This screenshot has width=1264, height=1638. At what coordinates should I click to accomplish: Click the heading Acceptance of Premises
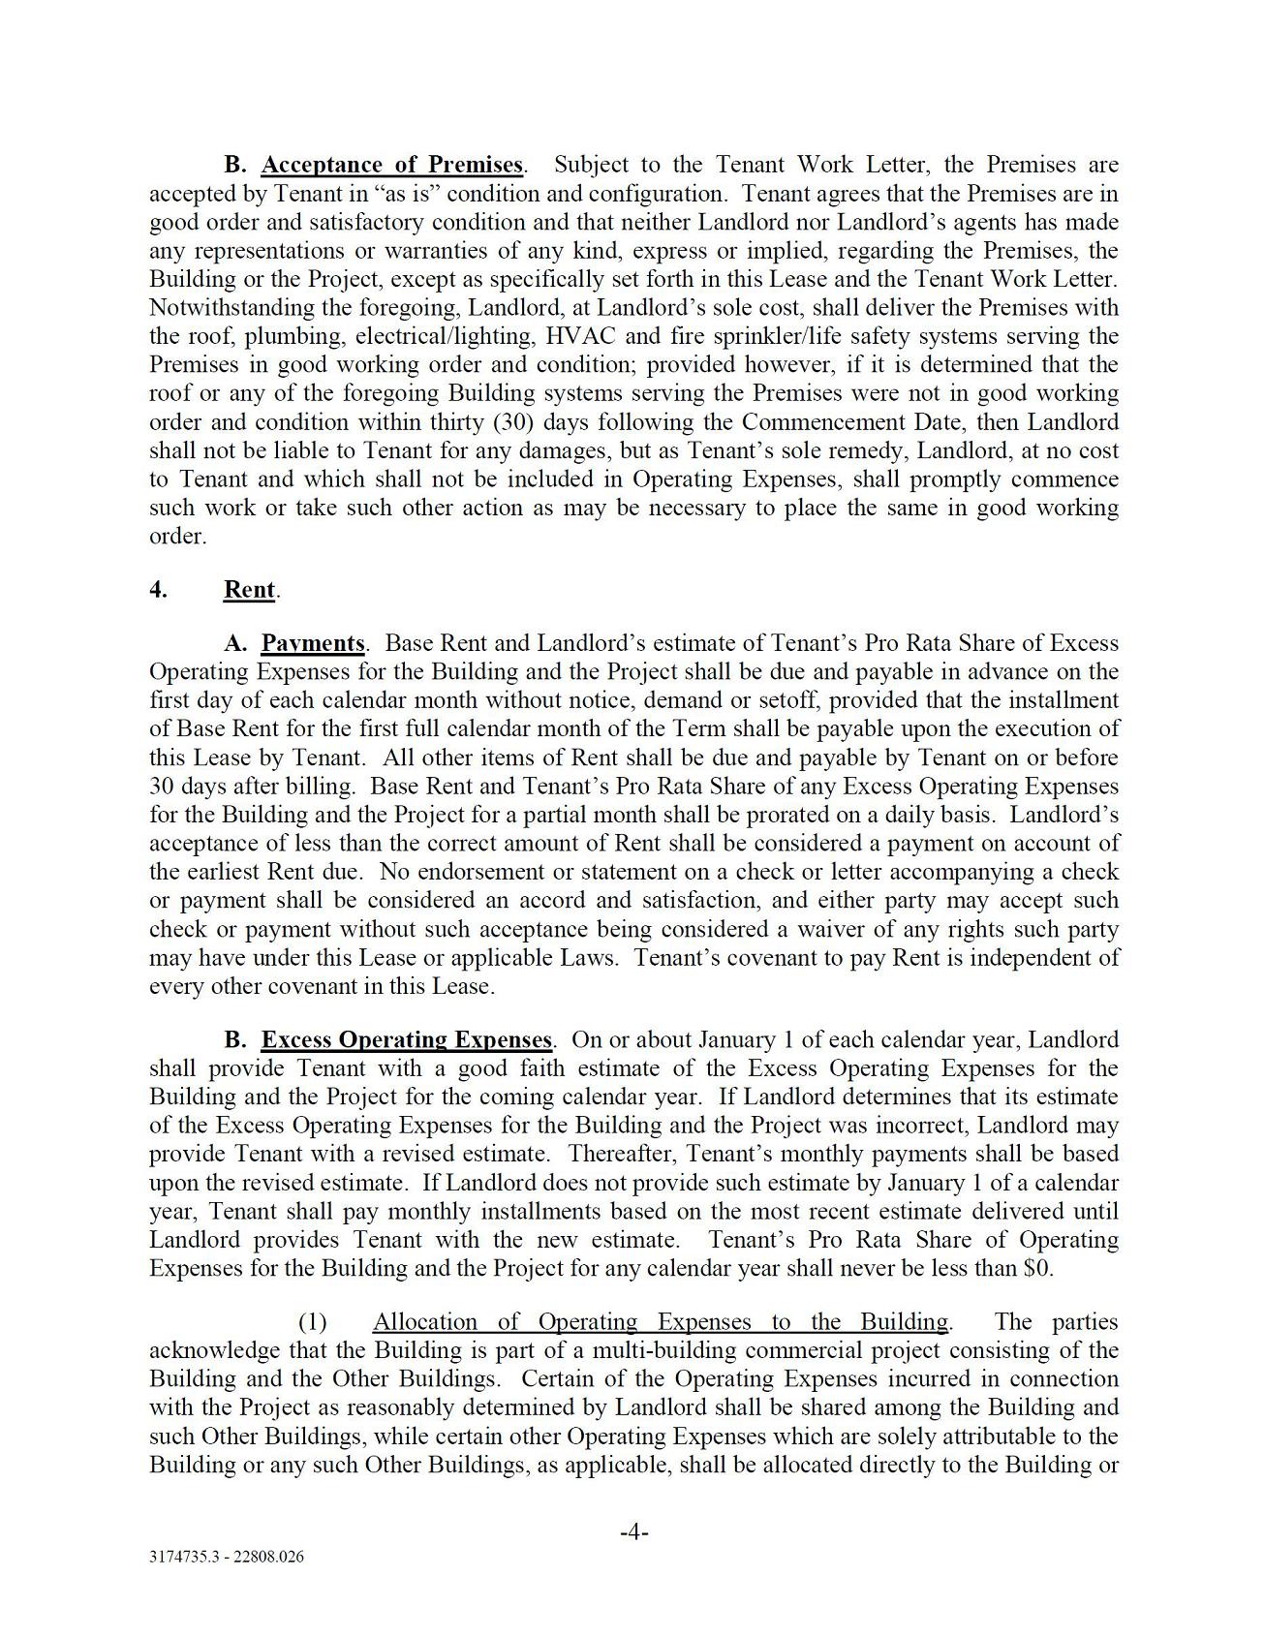391,165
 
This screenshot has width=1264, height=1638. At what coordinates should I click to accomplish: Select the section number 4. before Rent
159,590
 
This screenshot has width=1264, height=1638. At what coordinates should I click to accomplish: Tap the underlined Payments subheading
313,643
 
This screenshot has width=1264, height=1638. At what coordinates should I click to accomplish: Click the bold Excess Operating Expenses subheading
407,1040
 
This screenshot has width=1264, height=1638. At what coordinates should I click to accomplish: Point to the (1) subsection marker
312,1322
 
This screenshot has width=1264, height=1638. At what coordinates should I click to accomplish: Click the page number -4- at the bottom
633,1532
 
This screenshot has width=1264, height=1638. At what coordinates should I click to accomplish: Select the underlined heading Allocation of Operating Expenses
660,1322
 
